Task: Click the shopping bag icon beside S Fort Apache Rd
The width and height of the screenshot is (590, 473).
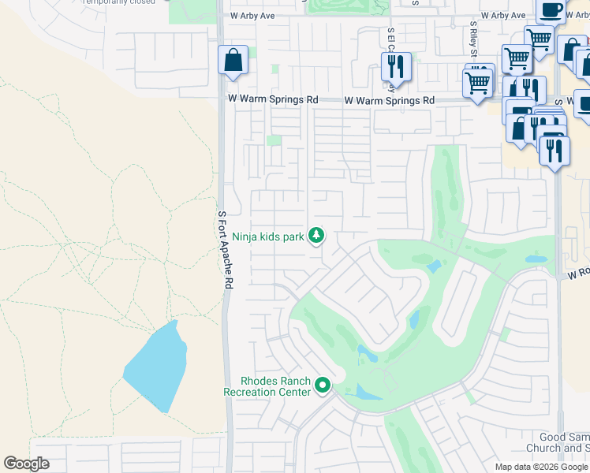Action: click(x=233, y=60)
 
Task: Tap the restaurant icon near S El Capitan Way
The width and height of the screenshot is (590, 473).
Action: click(x=396, y=65)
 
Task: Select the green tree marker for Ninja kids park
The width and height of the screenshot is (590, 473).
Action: click(x=316, y=235)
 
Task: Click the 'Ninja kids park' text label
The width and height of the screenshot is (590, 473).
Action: click(x=268, y=236)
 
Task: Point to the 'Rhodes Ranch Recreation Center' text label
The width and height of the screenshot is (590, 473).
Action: click(x=268, y=385)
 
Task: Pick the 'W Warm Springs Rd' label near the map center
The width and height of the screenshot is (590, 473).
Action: click(x=389, y=101)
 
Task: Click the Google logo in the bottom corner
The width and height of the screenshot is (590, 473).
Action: click(x=27, y=464)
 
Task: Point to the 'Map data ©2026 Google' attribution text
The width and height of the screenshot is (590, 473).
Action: click(x=541, y=467)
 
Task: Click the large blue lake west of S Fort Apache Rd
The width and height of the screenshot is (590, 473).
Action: click(x=155, y=367)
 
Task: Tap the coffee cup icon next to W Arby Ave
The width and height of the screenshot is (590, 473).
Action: click(x=551, y=10)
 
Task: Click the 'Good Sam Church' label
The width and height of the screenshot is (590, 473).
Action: click(x=564, y=443)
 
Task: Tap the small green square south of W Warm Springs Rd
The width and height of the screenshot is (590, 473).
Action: click(x=274, y=140)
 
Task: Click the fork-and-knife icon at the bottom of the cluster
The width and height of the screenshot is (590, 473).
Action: click(x=555, y=147)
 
